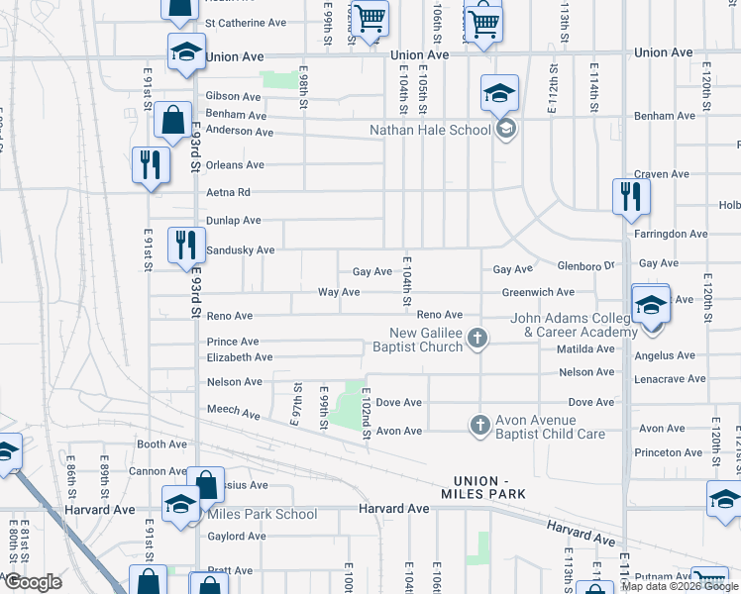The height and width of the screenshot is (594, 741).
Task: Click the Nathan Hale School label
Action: click(x=430, y=130)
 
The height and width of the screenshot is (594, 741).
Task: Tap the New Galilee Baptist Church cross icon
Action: click(x=477, y=340)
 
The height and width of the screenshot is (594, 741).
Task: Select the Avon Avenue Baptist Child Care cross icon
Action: click(x=479, y=425)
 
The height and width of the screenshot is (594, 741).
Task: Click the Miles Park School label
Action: click(x=262, y=514)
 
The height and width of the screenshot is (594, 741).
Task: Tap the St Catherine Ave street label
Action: click(x=245, y=23)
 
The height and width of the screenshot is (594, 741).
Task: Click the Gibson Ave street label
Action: click(x=233, y=97)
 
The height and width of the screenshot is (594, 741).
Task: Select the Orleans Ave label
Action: click(x=235, y=165)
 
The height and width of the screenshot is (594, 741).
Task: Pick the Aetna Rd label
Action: click(x=228, y=192)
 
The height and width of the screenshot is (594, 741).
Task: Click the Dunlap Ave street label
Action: click(x=233, y=220)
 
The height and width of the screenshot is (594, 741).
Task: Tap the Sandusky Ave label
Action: click(x=240, y=250)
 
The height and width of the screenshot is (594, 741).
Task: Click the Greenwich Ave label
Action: click(x=538, y=293)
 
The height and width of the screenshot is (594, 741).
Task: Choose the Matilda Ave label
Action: click(x=586, y=349)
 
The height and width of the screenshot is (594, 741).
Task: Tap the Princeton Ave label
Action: click(x=671, y=452)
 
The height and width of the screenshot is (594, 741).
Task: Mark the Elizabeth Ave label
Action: click(x=239, y=357)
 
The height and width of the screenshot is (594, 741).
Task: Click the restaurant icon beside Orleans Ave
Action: click(x=150, y=164)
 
